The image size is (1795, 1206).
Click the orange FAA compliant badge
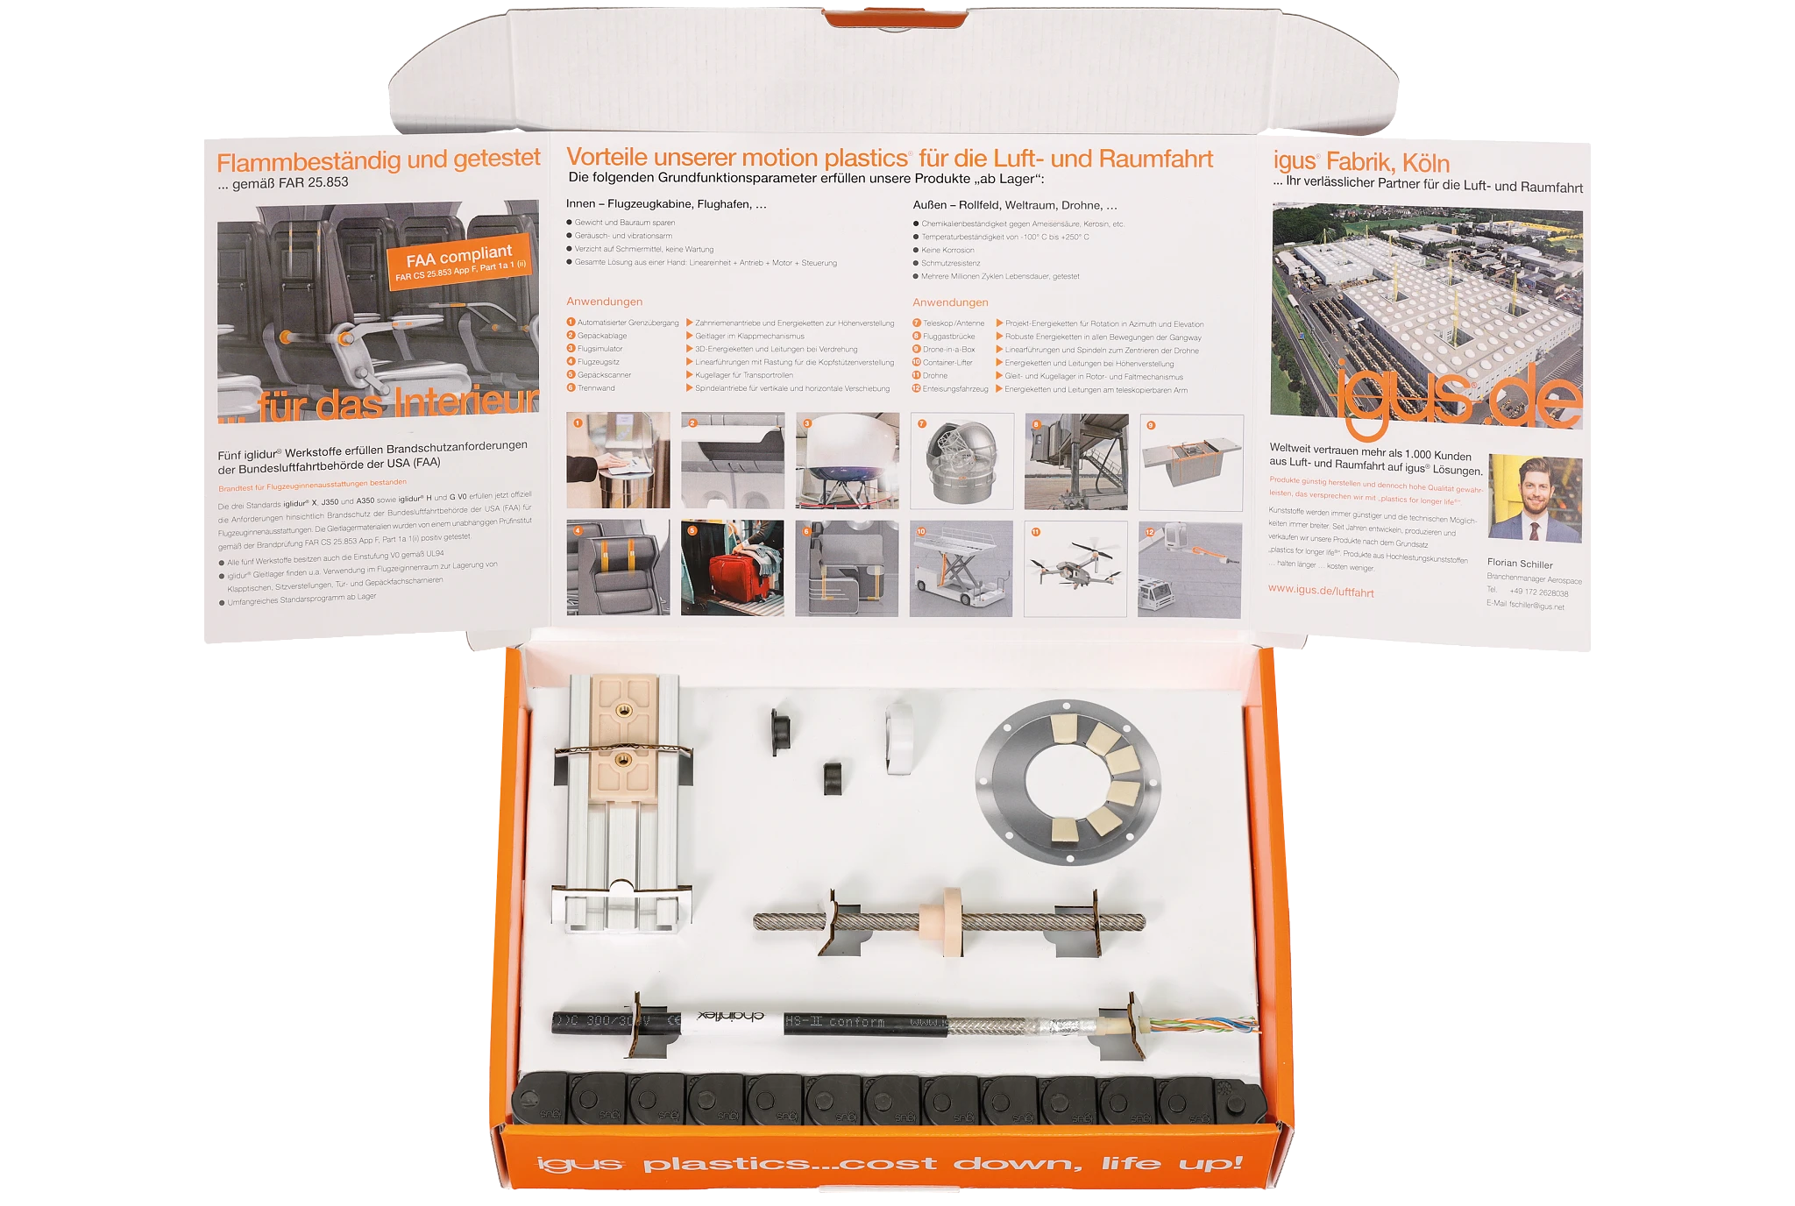click(x=459, y=260)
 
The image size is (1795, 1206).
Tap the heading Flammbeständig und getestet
click(x=378, y=160)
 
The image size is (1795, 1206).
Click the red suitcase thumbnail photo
click(x=732, y=568)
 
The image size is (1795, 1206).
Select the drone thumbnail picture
click(x=1075, y=568)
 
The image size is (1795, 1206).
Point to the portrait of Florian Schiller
click(x=1535, y=498)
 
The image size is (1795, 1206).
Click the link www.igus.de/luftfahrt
click(x=1320, y=592)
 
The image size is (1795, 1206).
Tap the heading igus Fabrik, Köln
click(x=1360, y=163)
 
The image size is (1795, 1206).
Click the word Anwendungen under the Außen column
click(x=950, y=302)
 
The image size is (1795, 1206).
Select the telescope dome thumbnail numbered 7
click(x=961, y=461)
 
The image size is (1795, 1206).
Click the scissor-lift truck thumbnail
click(x=961, y=568)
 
